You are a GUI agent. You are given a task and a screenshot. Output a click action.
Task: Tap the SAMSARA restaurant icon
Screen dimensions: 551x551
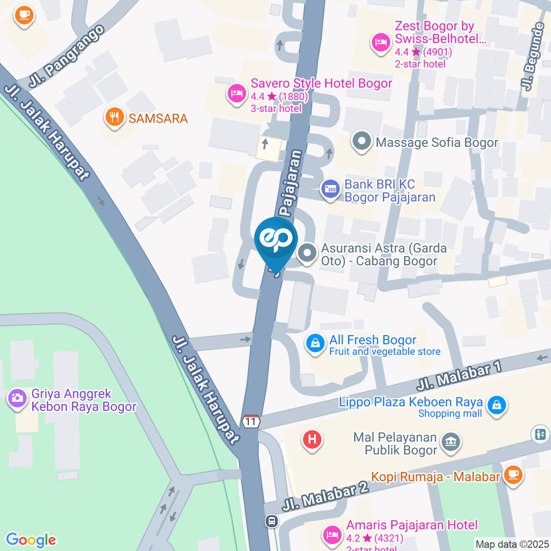click(115, 118)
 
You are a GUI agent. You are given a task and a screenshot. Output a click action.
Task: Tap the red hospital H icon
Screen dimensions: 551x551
click(312, 440)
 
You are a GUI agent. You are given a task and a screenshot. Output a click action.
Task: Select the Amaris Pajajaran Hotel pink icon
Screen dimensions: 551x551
click(332, 534)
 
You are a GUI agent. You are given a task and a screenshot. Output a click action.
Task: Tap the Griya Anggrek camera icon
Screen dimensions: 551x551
click(17, 398)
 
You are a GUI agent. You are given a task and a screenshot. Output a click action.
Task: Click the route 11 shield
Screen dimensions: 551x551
click(251, 421)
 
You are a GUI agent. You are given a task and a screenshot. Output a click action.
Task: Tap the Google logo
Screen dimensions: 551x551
click(30, 540)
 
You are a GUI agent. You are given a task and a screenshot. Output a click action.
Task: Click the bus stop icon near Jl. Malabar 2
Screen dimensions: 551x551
click(271, 521)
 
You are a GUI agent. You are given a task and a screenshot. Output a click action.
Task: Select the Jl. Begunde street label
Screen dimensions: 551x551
click(531, 57)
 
